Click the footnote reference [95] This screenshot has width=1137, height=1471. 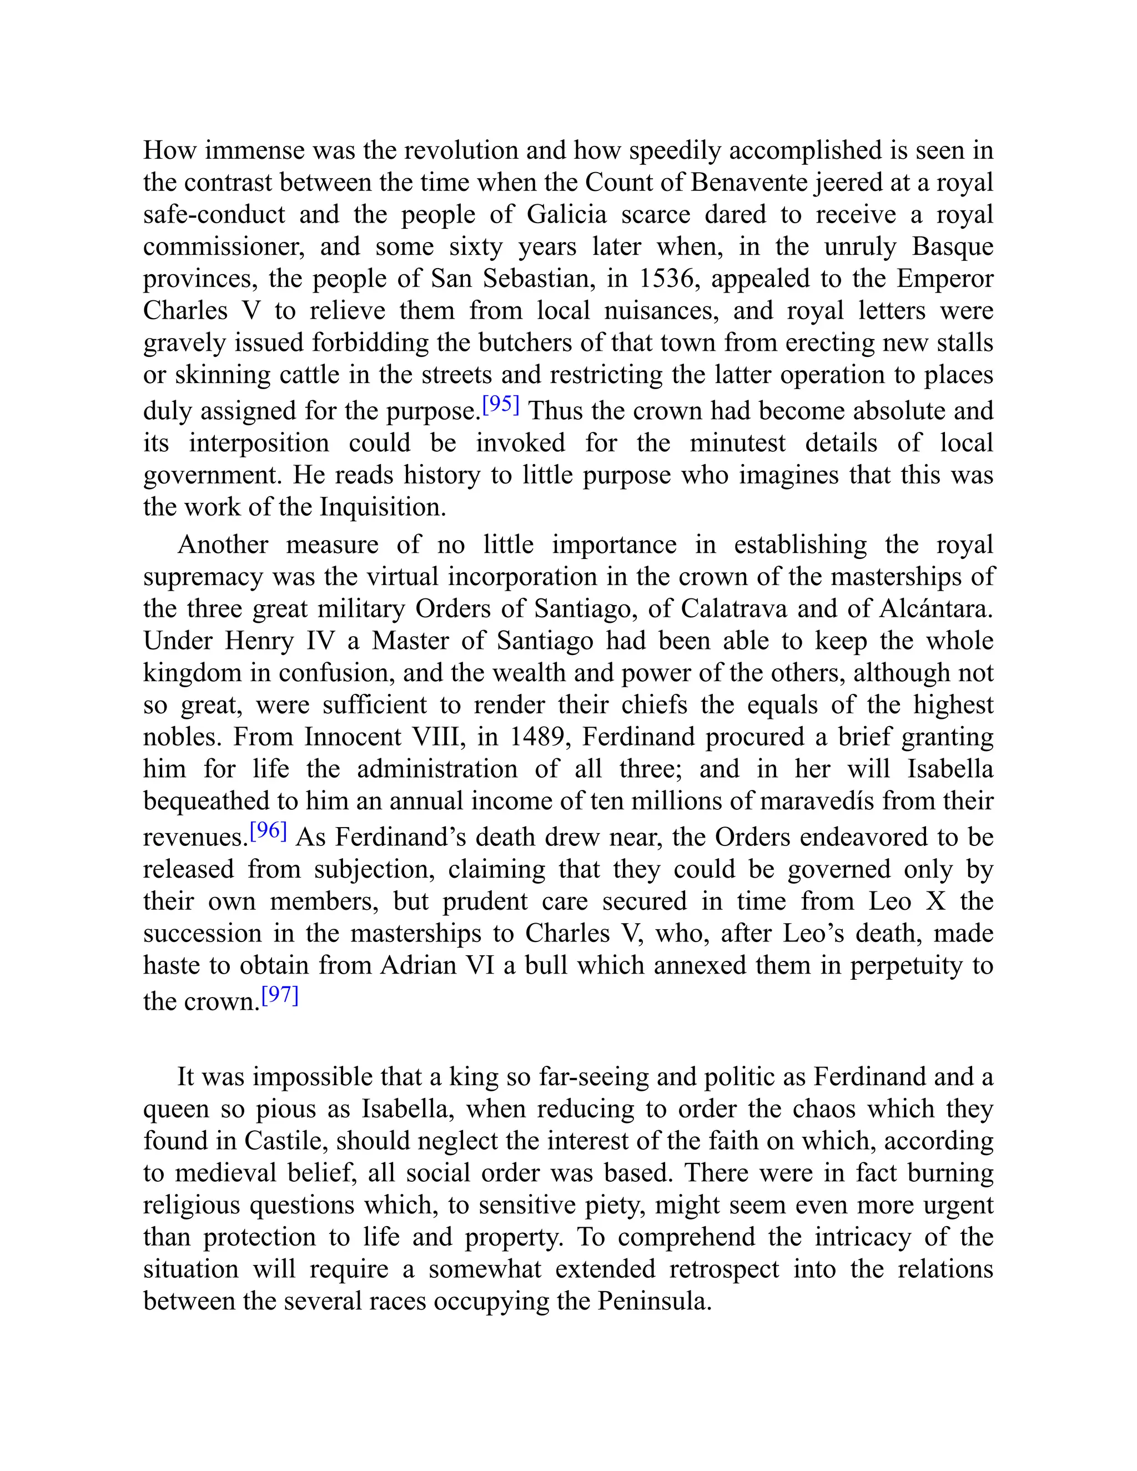(500, 404)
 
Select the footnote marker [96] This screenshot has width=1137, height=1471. (268, 830)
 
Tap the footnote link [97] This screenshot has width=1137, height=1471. (280, 995)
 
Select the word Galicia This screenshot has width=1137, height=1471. (566, 214)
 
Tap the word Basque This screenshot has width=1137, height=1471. (953, 246)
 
